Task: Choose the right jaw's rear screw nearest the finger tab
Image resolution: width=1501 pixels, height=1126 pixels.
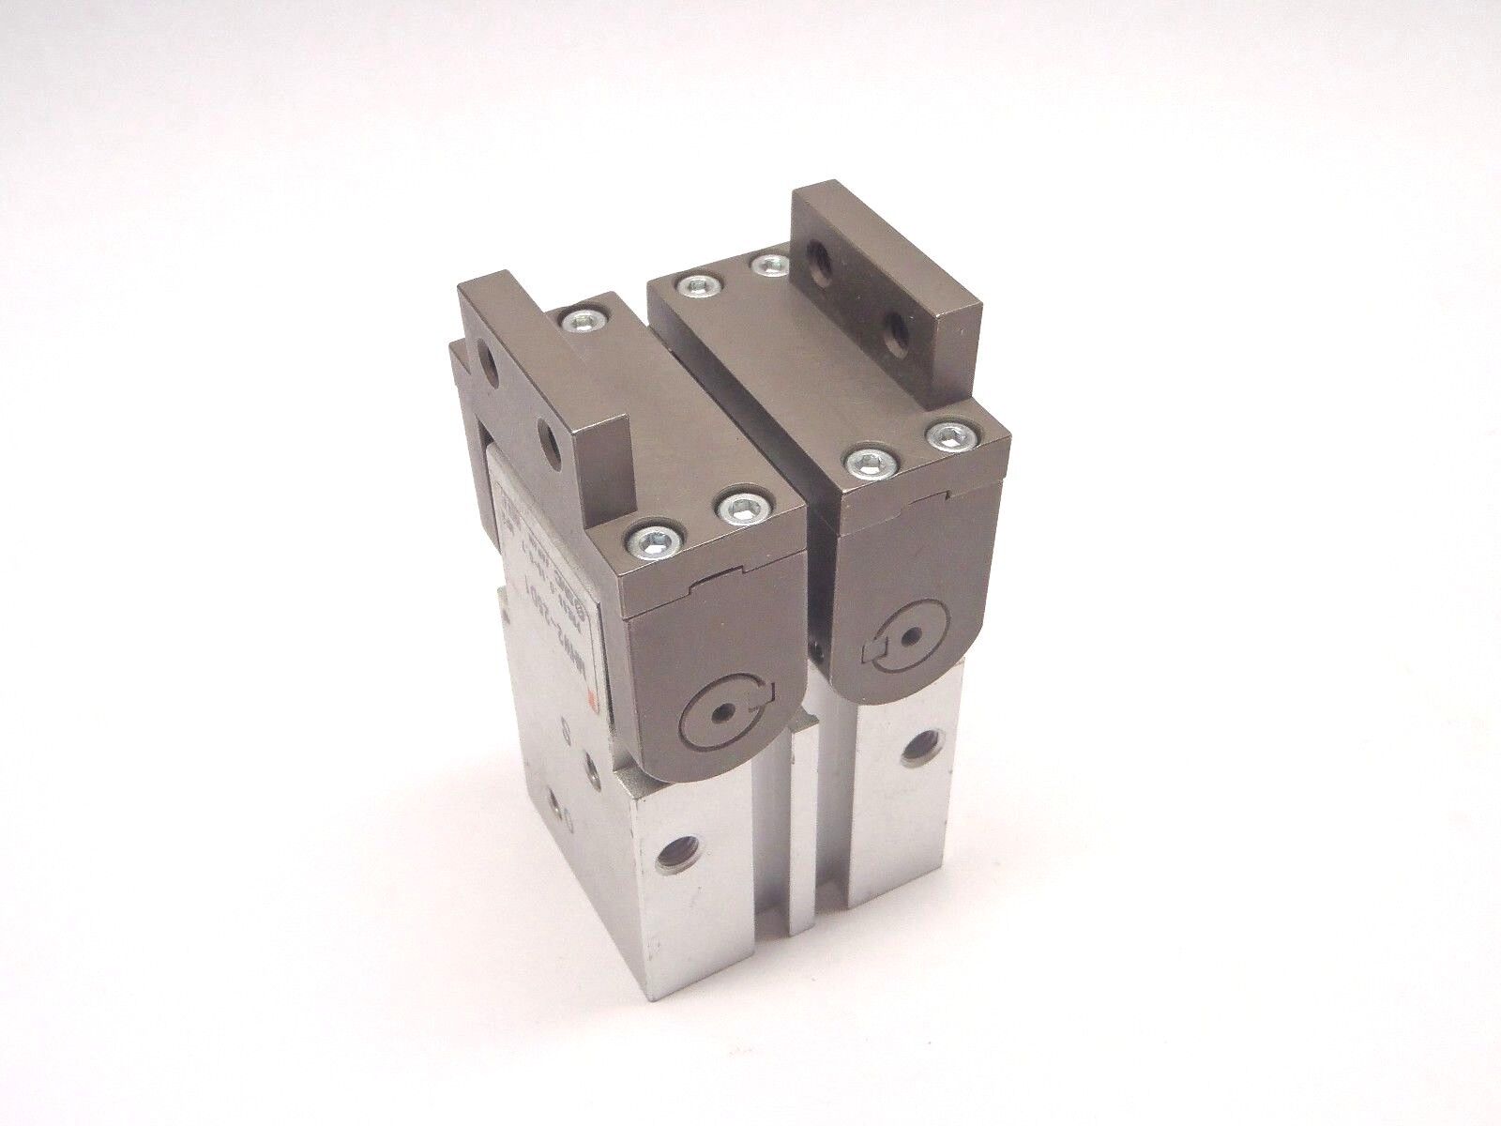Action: pyautogui.click(x=772, y=266)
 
